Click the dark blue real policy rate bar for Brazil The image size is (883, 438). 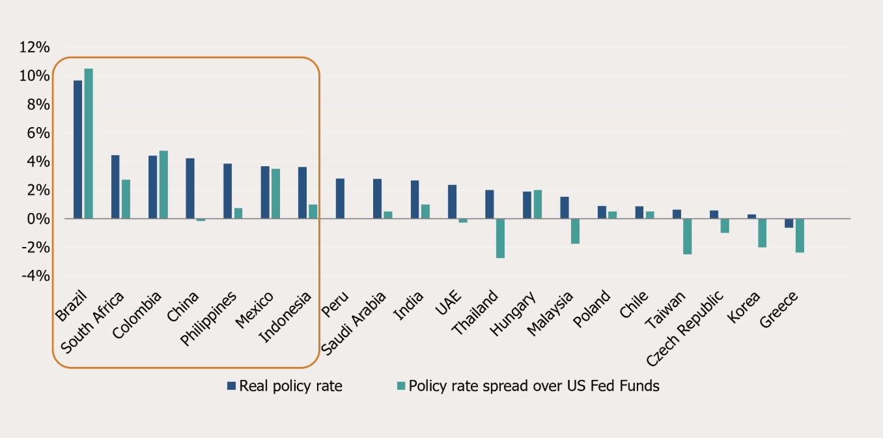77,149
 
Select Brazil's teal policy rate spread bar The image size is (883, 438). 89,143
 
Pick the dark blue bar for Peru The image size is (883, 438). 340,199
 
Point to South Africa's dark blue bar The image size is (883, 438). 115,187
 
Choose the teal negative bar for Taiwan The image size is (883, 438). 687,236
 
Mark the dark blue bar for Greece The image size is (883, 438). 789,223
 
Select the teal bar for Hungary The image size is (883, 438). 537,204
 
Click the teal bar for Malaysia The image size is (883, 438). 575,231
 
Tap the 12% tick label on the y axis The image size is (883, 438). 35,48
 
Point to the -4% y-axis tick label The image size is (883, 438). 35,276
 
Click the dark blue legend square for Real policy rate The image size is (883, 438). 231,386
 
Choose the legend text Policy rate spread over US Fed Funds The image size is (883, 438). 534,386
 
